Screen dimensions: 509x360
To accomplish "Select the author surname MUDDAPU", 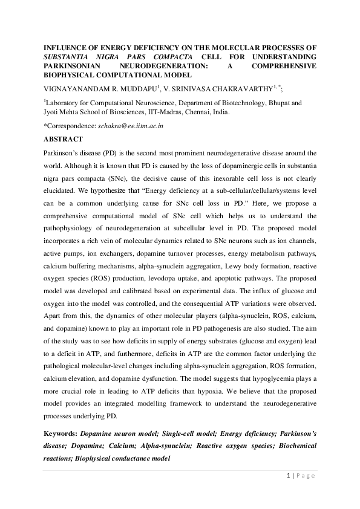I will (135, 89).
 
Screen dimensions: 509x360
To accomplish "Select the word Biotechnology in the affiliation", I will (240, 103).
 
